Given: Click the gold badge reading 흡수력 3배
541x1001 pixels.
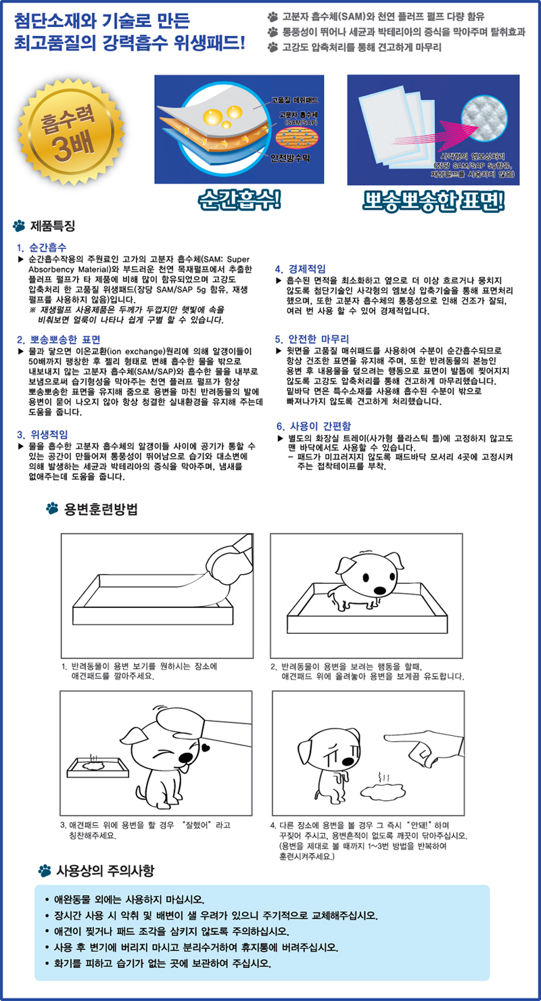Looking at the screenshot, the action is [70, 132].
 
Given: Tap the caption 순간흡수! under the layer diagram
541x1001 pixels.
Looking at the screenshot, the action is [239, 200].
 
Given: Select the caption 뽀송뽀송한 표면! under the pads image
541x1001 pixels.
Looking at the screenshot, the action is [433, 201].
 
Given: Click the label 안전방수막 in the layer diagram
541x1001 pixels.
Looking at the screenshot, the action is [290, 158].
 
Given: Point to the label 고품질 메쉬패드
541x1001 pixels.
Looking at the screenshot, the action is [296, 100].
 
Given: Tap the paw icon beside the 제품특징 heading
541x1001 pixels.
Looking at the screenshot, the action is [19, 226].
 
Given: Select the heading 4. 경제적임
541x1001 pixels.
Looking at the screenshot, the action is [300, 269].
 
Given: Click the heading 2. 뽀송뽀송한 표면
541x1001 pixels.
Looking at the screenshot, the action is [59, 340].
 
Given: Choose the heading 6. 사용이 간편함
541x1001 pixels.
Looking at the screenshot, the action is [314, 426].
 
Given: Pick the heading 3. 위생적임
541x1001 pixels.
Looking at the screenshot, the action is [43, 434].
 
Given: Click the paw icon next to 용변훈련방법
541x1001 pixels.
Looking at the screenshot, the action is [52, 508].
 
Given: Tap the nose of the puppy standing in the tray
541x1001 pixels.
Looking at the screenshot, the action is [380, 590].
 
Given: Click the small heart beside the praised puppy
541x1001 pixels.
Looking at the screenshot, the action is [206, 747].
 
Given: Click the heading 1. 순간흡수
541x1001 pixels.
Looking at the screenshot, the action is [41, 248].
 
